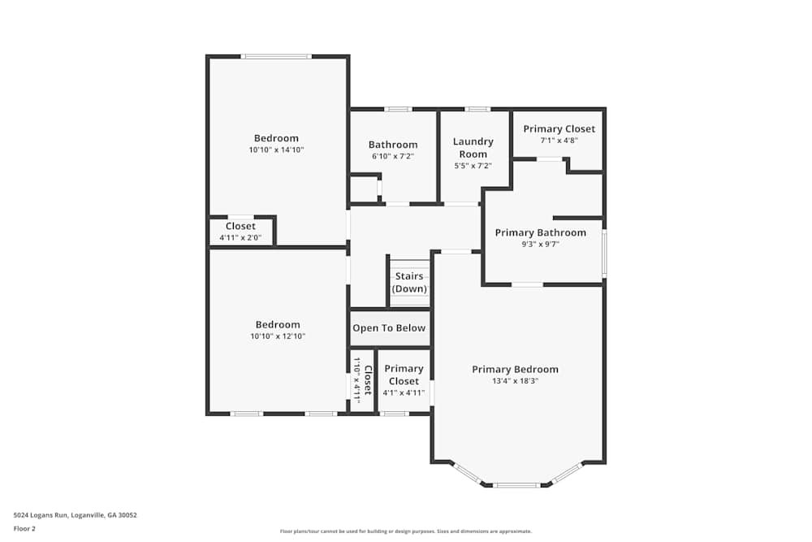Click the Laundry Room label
click(473, 147)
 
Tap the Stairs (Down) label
click(409, 282)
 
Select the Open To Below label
click(389, 328)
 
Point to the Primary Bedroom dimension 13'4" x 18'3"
click(516, 380)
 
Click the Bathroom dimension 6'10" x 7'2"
click(393, 156)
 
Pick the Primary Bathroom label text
click(540, 232)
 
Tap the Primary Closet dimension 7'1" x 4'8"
click(559, 140)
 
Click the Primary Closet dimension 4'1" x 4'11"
click(404, 392)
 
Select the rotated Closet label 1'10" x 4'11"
click(362, 380)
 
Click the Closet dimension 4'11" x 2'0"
click(240, 238)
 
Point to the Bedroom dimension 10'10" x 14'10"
click(276, 150)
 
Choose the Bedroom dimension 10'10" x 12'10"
click(278, 336)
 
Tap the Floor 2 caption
click(24, 528)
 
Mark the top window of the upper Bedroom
click(276, 56)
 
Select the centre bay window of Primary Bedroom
click(516, 485)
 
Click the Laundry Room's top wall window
click(477, 109)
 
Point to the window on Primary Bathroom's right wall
click(604, 254)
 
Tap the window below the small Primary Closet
click(395, 414)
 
